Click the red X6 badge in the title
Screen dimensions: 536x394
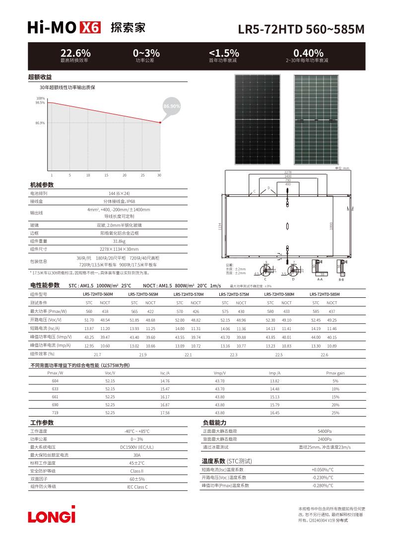point(90,28)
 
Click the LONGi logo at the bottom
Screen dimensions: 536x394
point(52,515)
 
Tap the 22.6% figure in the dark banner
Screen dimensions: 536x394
point(75,53)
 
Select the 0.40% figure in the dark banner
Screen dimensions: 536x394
point(308,53)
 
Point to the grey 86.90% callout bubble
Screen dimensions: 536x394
point(172,106)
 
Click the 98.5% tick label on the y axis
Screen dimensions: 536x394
point(40,103)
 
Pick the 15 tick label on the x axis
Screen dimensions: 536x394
point(106,175)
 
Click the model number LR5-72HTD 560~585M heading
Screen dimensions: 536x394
point(301,29)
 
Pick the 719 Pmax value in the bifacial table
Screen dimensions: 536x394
point(55,413)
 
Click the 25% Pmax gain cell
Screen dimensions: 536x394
point(335,413)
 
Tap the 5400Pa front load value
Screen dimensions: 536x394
point(325,431)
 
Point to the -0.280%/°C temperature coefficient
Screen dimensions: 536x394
point(323,485)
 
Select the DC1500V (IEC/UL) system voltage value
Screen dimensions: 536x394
point(137,447)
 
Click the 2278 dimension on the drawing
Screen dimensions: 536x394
point(288,172)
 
